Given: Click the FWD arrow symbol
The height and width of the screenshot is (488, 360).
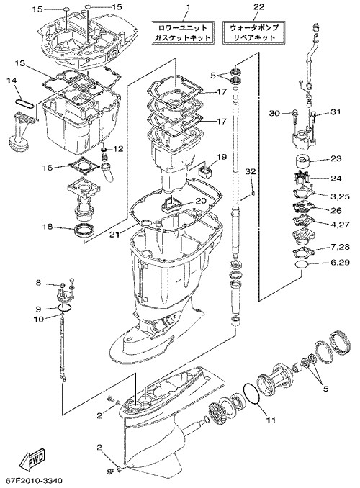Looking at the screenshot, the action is (32, 458).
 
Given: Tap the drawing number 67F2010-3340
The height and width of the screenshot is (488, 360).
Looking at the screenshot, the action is (34, 481).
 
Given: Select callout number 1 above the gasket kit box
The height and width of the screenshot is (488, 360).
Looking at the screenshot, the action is (188, 6).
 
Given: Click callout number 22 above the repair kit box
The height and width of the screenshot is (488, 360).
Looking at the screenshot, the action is (258, 6).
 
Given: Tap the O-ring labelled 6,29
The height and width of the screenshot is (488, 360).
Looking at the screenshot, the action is (302, 264).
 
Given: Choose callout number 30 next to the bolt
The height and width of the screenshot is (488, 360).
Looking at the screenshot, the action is (274, 113).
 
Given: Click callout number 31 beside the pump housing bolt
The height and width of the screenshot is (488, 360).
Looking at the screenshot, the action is (336, 112).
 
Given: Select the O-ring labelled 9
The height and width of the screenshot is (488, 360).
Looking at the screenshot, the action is (65, 307).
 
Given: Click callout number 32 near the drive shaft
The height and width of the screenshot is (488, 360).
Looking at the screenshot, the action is (250, 171).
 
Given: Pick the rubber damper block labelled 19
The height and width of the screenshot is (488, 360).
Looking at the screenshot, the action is (206, 171).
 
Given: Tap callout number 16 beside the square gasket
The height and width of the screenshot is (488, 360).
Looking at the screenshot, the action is (48, 168).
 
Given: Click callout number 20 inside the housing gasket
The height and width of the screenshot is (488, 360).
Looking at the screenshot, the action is (201, 201).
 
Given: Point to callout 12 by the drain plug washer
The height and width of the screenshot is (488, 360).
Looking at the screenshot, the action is (118, 149).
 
